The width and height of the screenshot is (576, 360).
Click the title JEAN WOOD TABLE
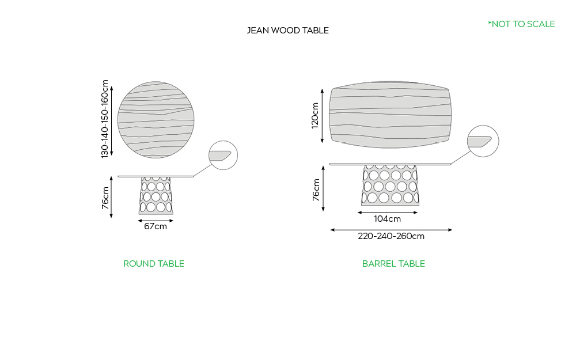coord(287,31)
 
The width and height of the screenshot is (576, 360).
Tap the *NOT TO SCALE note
coord(521,24)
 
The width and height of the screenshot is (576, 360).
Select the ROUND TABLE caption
coord(154,264)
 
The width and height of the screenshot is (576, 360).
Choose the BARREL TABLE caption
coord(393,264)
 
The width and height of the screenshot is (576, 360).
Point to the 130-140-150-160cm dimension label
coord(105,119)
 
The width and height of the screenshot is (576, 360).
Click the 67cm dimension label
coord(156,226)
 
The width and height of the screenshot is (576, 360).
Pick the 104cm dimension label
coord(387,219)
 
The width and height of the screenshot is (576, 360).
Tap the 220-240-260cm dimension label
coord(391,236)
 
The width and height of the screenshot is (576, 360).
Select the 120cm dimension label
coord(315,115)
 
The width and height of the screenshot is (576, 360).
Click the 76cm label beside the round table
coord(105,198)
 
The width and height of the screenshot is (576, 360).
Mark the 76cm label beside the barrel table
coord(316,190)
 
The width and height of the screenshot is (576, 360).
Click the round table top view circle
coord(156,120)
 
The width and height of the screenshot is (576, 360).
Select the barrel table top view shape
coord(390,115)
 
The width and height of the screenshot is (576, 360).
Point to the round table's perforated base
coord(156,195)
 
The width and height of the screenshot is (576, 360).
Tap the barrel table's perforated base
coord(390,185)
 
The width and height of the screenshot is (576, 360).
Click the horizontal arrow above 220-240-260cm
coord(391,230)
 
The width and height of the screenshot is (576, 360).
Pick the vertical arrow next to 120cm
coord(322,116)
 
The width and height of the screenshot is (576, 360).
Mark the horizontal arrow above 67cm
coord(156,221)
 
